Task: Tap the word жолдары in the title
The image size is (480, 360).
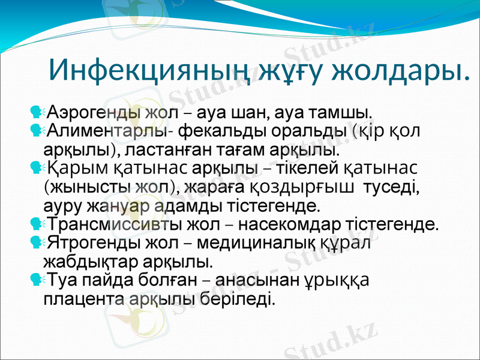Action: (x=398, y=71)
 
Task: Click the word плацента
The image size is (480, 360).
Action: (x=83, y=298)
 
